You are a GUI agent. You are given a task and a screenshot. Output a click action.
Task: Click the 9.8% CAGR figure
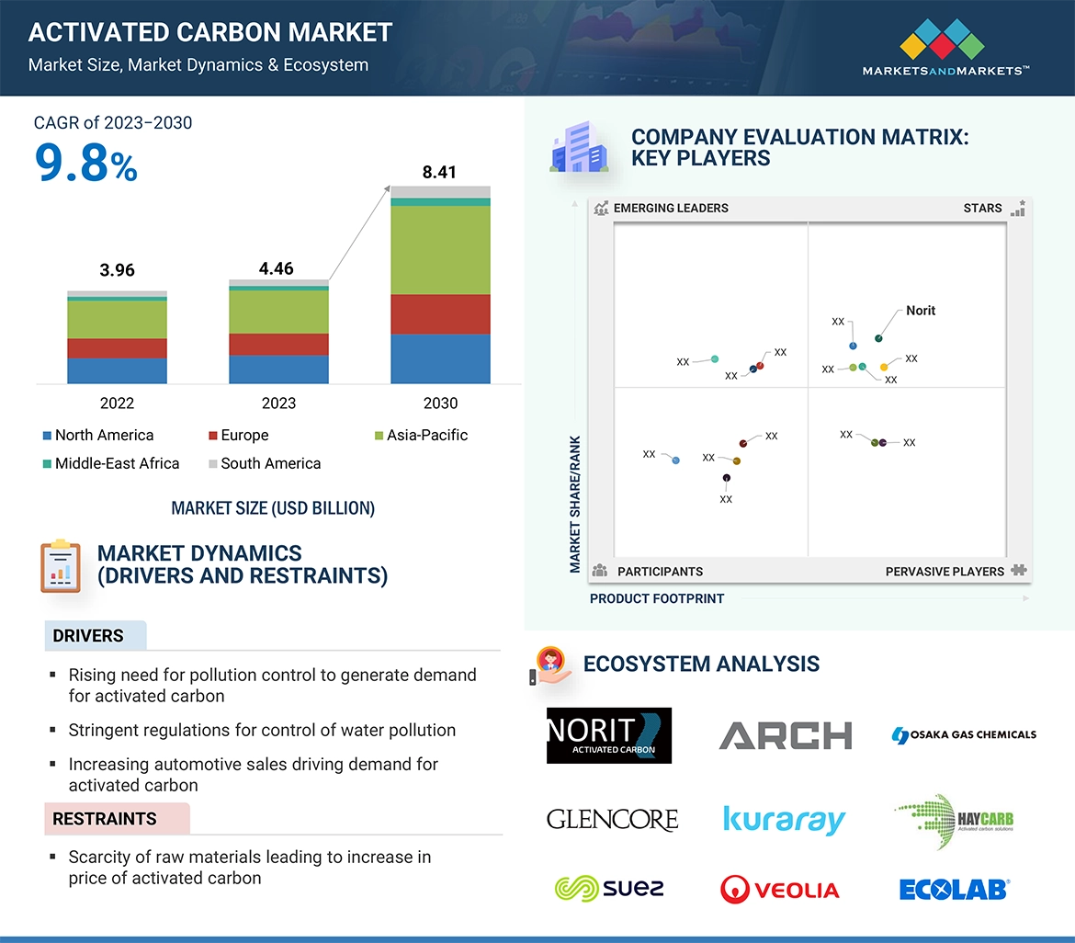tap(85, 163)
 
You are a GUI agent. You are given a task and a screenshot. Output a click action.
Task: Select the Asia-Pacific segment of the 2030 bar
tap(440, 249)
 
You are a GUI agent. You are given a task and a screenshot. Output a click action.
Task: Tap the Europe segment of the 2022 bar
tap(117, 348)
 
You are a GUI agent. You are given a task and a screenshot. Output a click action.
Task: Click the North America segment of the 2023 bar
tap(278, 369)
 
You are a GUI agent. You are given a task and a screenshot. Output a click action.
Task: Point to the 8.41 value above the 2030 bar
tap(439, 172)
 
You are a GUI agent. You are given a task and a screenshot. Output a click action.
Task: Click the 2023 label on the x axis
tap(278, 403)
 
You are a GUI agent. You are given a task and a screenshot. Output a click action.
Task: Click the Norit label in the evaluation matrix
tap(920, 311)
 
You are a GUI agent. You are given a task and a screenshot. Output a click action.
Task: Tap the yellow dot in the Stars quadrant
tap(884, 368)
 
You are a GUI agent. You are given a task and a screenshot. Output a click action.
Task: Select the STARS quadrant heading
tap(982, 208)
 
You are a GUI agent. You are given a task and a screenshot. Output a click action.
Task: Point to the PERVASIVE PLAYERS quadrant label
tap(945, 572)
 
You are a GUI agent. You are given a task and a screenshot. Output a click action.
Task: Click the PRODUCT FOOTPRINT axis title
tap(657, 598)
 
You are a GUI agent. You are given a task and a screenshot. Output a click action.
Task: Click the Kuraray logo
tap(784, 819)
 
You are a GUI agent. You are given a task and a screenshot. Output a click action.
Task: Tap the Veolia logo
tap(780, 889)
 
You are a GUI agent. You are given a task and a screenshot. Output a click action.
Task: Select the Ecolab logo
tap(954, 889)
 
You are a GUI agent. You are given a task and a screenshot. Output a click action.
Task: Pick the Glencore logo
tap(612, 819)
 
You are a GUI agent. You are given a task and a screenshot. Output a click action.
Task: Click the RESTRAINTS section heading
tap(105, 819)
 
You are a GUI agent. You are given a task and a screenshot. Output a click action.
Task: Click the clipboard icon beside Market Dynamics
tap(61, 566)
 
